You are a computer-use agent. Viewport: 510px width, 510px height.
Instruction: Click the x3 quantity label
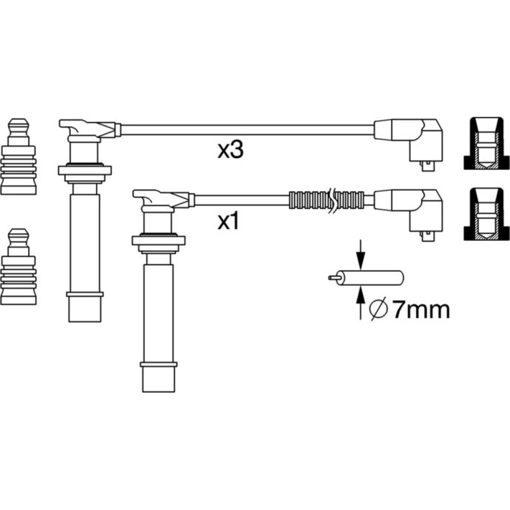tap(231, 150)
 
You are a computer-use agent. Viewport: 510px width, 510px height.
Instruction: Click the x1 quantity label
tap(228, 221)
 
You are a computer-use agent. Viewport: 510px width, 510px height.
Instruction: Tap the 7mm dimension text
tap(421, 310)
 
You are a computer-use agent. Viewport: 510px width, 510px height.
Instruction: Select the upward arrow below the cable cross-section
tap(361, 303)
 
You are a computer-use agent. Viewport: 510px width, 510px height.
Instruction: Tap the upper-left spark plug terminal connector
tap(18, 157)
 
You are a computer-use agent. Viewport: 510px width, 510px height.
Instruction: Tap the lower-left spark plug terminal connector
tap(18, 267)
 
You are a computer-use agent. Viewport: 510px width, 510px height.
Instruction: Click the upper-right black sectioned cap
tap(487, 143)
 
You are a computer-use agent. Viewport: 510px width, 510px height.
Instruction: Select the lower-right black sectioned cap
tap(487, 214)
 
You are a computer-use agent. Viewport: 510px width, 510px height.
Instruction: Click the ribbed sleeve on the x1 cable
tap(326, 200)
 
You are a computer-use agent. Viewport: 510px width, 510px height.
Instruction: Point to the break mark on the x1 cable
tap(333, 200)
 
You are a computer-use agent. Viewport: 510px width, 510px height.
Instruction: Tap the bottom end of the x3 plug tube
tap(85, 321)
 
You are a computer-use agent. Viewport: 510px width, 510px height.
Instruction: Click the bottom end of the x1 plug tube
tap(159, 391)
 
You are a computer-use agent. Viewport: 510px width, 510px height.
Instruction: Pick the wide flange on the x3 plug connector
tap(85, 170)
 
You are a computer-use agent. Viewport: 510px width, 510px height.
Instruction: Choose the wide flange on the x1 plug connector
tap(159, 241)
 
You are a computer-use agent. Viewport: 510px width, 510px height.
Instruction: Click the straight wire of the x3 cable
tap(247, 130)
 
